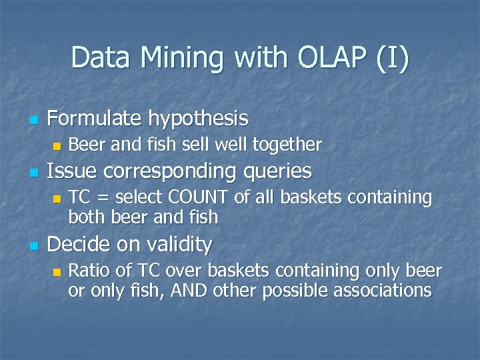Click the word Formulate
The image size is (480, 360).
click(95, 119)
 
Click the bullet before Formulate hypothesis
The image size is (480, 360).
click(33, 121)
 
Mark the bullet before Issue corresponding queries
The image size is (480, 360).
click(33, 173)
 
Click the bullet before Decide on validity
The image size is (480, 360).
click(33, 247)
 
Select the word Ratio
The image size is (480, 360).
click(89, 271)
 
